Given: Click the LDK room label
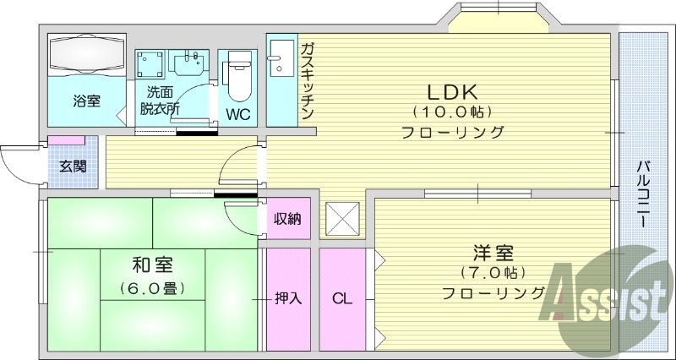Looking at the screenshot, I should [x=453, y=91].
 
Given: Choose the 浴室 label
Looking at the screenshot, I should [x=85, y=101].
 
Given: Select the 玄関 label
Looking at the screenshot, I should [x=72, y=166].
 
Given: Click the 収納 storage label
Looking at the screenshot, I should [x=287, y=219].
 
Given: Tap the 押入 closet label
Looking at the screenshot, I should [x=288, y=297].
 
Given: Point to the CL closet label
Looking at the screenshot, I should [x=341, y=297].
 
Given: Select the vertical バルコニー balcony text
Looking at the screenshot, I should [x=642, y=194].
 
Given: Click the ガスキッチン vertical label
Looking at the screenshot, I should [x=307, y=80].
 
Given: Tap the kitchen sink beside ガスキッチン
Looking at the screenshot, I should [x=277, y=57].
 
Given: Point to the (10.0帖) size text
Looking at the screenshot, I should [x=453, y=112].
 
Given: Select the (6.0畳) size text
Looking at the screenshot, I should [x=153, y=287].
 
